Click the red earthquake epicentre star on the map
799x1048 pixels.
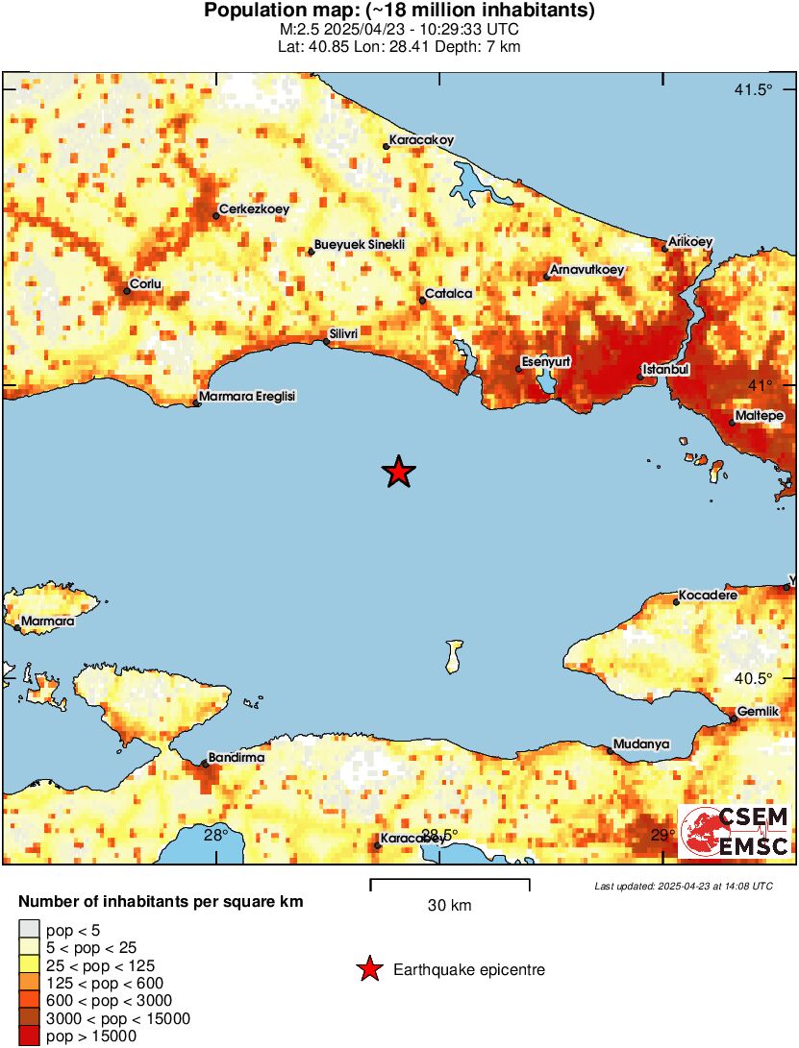[x=398, y=472]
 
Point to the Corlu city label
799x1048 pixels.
[x=146, y=284]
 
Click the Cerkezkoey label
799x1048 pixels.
[x=254, y=208]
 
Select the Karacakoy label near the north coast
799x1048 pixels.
[x=420, y=139]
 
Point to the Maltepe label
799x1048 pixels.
[x=760, y=416]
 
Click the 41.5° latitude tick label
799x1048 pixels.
[x=753, y=90]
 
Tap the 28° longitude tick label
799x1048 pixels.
[x=215, y=835]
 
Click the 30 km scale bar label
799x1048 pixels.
[x=449, y=905]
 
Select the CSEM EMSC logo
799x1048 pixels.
[x=736, y=832]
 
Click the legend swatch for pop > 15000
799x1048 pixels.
[x=29, y=1036]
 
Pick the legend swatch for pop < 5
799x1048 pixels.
[x=29, y=930]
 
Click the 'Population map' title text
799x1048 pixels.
[x=399, y=12]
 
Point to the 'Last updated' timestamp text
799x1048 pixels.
[x=683, y=886]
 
